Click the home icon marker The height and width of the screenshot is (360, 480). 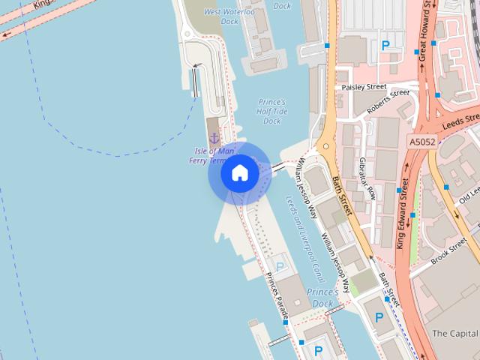(x=239, y=173)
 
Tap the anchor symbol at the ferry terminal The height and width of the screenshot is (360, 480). (x=214, y=138)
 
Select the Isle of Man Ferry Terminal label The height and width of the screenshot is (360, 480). (x=213, y=156)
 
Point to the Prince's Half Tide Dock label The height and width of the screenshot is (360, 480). (x=271, y=111)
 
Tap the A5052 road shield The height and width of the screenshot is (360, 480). (x=421, y=141)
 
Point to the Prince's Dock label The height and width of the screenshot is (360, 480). (x=323, y=297)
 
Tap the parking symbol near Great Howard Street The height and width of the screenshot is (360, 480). (x=386, y=45)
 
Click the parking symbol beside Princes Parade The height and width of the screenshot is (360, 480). (x=280, y=266)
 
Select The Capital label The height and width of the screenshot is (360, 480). (x=455, y=333)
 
